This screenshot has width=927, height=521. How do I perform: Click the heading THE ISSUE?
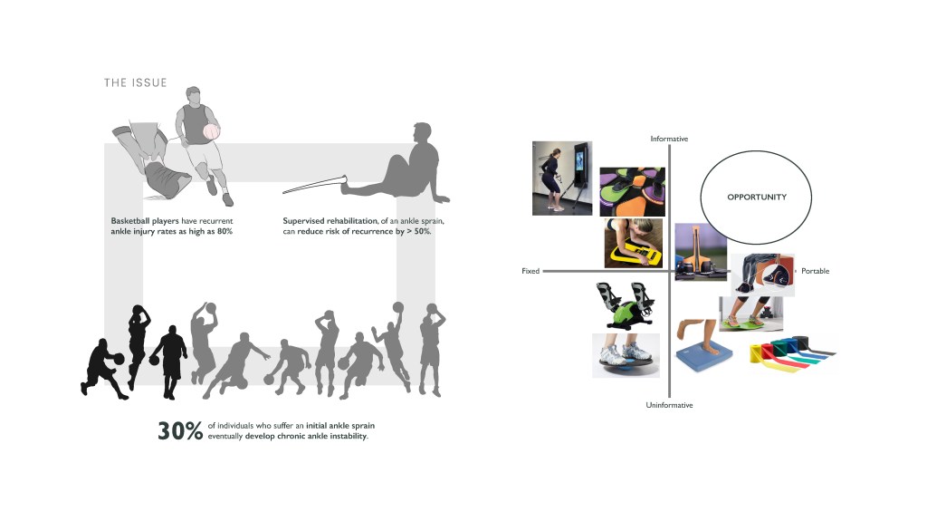pyautogui.click(x=136, y=82)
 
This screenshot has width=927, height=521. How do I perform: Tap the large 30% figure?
pyautogui.click(x=180, y=431)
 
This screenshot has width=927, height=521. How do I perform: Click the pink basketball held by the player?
pyautogui.click(x=211, y=131)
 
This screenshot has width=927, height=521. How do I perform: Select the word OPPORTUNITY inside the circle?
pyautogui.click(x=757, y=198)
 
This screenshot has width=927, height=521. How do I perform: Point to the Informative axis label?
pyautogui.click(x=669, y=139)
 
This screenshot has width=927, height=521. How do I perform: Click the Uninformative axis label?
pyautogui.click(x=669, y=405)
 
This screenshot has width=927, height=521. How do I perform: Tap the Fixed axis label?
pyautogui.click(x=530, y=271)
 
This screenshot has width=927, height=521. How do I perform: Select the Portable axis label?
pyautogui.click(x=816, y=271)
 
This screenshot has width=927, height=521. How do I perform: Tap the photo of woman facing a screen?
pyautogui.click(x=562, y=178)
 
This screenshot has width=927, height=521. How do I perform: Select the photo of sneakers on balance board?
pyautogui.click(x=626, y=355)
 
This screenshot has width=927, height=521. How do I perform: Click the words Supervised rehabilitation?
pyautogui.click(x=330, y=221)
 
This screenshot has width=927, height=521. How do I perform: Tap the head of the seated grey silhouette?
pyautogui.click(x=423, y=132)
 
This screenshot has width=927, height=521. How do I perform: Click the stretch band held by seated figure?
pyautogui.click(x=313, y=185)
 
